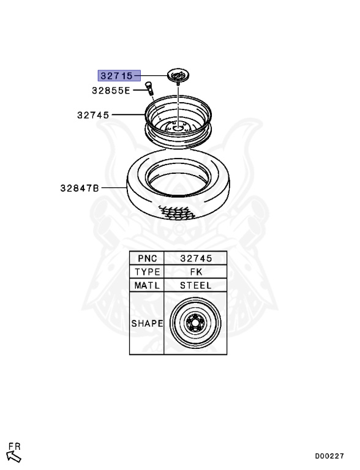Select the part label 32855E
(111, 91)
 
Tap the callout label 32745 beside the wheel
(93, 115)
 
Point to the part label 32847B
(80, 188)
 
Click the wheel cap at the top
(179, 75)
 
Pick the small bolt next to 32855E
(149, 89)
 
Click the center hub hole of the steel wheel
(178, 128)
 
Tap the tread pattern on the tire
(177, 212)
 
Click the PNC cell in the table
(147, 258)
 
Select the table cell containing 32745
(195, 258)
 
